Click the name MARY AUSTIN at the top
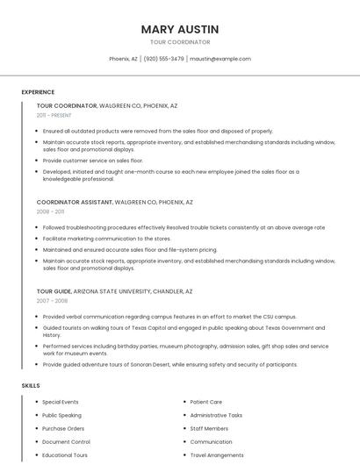tap(180, 29)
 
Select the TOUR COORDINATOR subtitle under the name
tap(180, 42)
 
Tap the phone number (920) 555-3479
tap(164, 59)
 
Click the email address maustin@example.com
tap(220, 59)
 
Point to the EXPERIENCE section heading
tap(38, 92)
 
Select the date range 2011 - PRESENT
tap(54, 115)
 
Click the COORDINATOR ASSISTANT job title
tap(75, 202)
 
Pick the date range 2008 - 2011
tap(50, 211)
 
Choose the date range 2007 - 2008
tap(52, 301)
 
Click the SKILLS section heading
tap(31, 385)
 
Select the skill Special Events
tap(60, 402)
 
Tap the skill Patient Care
tap(205, 402)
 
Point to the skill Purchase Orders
tap(63, 428)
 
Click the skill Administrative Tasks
tap(216, 415)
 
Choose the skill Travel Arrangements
tap(216, 455)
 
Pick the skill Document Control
tap(66, 442)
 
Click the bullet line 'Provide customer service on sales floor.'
tap(92, 161)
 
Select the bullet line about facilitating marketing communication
tap(106, 238)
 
